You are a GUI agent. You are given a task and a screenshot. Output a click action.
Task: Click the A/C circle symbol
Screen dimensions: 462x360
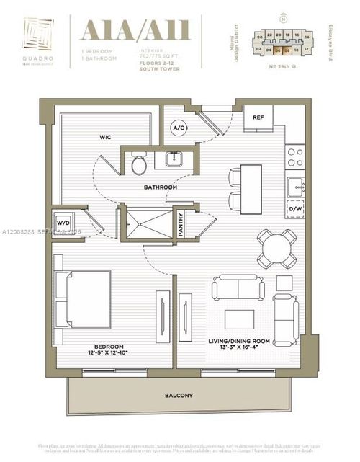178,128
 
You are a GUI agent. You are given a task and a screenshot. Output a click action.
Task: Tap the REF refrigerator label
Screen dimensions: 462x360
258,117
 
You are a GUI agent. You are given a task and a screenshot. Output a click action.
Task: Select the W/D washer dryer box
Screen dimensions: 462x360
60,223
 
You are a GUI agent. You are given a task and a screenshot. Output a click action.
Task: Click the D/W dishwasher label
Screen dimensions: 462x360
295,210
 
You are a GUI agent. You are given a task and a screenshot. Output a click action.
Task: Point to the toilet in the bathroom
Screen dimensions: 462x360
139,165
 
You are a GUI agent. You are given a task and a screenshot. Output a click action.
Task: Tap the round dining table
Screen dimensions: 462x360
278,249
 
